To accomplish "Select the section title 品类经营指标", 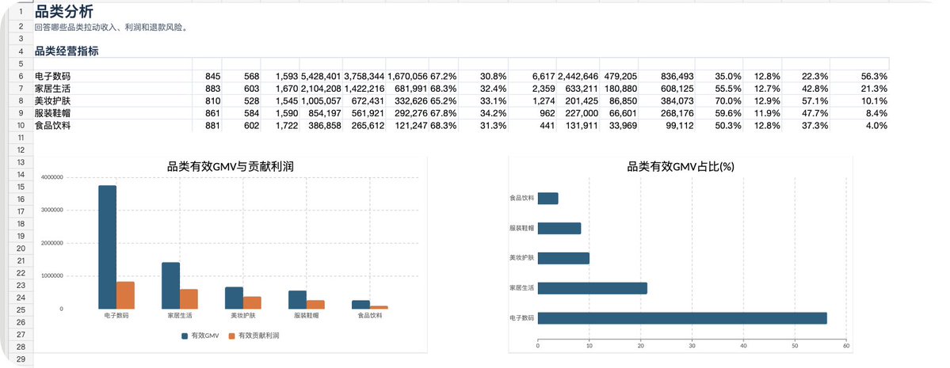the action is point(67,51).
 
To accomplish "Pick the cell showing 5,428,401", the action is point(321,76).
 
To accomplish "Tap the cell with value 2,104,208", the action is point(321,89).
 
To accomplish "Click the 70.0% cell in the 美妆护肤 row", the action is point(727,101).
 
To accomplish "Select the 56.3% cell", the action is point(874,76).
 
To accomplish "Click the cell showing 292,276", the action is point(406,113).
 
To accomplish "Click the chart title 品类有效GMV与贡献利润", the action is point(231,167).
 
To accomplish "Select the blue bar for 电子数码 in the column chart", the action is point(107,247).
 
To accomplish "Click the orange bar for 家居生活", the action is point(189,299).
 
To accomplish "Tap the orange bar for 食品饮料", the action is point(380,308).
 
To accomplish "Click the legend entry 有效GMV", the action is point(200,336).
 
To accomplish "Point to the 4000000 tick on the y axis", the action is point(52,177).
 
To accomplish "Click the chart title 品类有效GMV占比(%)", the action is point(681,167).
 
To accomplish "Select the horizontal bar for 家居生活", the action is point(593,288).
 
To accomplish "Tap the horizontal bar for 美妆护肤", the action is point(563,259).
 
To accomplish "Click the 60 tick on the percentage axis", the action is point(846,346).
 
